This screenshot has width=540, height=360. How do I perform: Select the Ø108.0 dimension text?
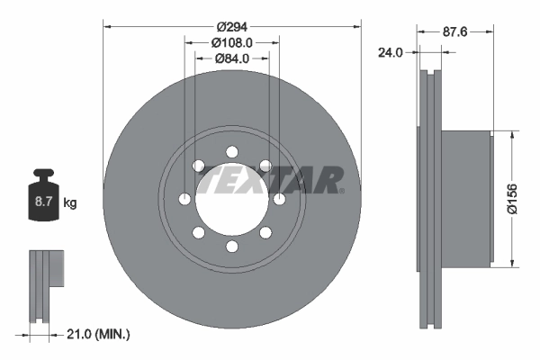click(x=232, y=42)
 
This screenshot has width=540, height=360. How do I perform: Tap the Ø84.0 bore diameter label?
click(x=232, y=59)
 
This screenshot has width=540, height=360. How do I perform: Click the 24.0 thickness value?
click(x=391, y=53)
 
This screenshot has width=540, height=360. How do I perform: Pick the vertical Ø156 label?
click(x=512, y=198)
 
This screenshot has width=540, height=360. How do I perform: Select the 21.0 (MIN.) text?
click(x=100, y=335)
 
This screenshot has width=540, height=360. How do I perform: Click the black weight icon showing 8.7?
click(x=43, y=196)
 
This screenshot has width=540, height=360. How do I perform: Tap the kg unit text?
click(x=70, y=204)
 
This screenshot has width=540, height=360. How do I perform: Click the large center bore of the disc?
click(x=231, y=197)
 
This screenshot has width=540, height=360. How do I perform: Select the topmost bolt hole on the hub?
click(x=231, y=150)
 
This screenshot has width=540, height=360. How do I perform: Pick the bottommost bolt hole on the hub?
click(x=231, y=246)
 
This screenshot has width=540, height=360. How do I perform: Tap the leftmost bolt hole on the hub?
click(x=184, y=198)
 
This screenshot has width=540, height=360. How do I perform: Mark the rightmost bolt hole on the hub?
click(x=279, y=198)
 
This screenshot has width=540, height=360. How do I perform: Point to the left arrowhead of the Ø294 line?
click(x=108, y=26)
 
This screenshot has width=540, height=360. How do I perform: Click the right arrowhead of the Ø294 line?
click(x=356, y=26)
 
